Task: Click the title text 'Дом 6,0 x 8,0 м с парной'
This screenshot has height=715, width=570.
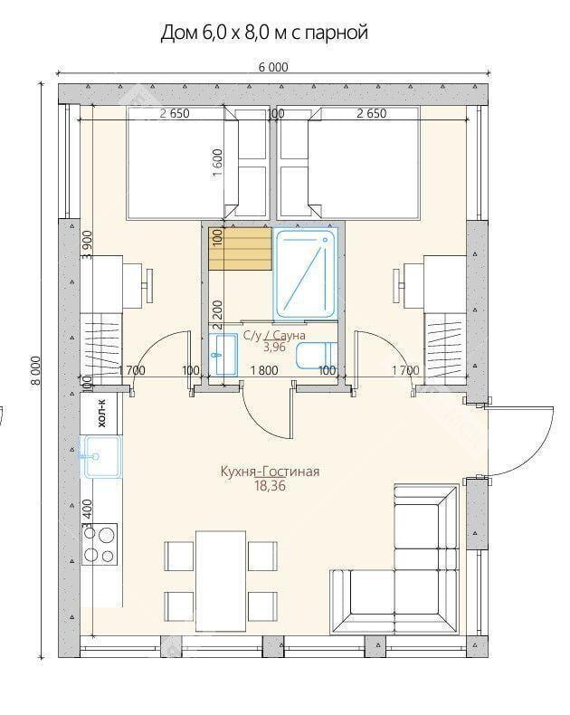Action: tap(264, 33)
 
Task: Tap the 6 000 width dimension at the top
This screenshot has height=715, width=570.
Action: tap(273, 67)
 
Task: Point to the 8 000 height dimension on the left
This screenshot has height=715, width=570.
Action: tap(35, 371)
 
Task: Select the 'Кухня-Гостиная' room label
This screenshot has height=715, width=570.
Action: tap(270, 471)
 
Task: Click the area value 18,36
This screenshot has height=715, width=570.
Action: tap(270, 486)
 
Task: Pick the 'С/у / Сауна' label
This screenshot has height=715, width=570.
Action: tap(274, 336)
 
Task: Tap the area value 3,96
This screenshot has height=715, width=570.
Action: tap(274, 347)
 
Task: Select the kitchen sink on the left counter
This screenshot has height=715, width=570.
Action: tap(101, 456)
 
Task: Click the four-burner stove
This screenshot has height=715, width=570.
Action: tap(100, 544)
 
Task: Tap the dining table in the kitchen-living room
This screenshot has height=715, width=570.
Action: tap(221, 580)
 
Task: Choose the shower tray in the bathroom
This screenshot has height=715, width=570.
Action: tap(306, 274)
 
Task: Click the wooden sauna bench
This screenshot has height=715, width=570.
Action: tap(241, 249)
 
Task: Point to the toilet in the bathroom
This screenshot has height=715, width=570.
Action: tap(316, 355)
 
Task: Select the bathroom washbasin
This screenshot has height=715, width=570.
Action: tap(223, 354)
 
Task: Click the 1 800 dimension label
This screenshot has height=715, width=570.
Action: tap(264, 370)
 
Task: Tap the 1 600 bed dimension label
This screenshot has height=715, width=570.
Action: tap(218, 164)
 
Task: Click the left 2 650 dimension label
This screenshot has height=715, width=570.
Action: tap(175, 113)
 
